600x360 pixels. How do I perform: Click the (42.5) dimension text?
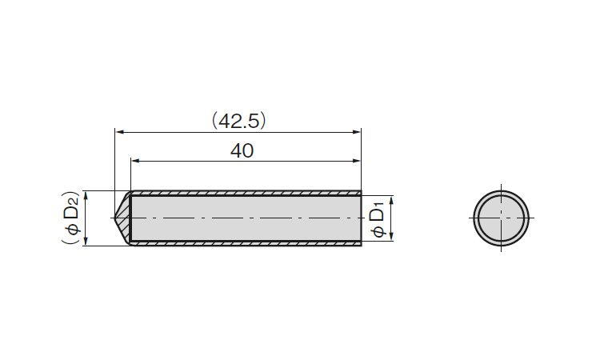[x=238, y=121]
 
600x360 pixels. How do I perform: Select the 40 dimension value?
[x=242, y=150]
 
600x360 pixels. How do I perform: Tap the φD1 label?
[x=378, y=221]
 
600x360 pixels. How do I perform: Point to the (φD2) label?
[x=70, y=218]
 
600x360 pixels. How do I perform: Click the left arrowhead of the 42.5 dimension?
[x=120, y=132]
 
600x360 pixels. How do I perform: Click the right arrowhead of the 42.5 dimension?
[x=356, y=132]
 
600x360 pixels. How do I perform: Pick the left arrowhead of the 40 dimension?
[x=136, y=161]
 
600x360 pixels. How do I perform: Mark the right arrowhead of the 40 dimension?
[x=356, y=161]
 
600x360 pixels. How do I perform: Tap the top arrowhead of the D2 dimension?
[x=86, y=195]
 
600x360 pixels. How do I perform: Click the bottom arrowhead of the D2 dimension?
[x=86, y=241]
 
